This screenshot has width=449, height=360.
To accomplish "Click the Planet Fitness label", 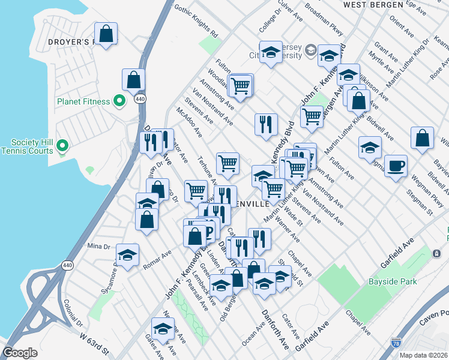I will click(x=83, y=101).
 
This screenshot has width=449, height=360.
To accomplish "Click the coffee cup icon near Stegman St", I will click(x=395, y=166).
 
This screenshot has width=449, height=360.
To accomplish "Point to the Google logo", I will click(x=20, y=353).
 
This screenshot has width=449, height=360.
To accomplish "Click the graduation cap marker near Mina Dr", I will click(x=127, y=256).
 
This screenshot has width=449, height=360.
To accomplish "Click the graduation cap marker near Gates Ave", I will click(x=163, y=329).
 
